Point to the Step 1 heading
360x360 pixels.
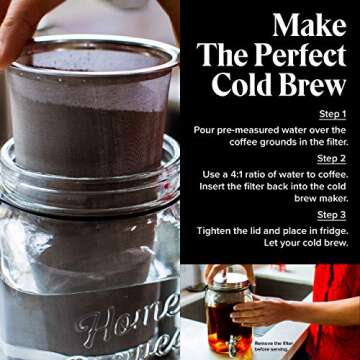click(x=332, y=114)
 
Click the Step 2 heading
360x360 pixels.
click(x=332, y=158)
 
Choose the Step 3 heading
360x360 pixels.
click(x=332, y=215)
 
